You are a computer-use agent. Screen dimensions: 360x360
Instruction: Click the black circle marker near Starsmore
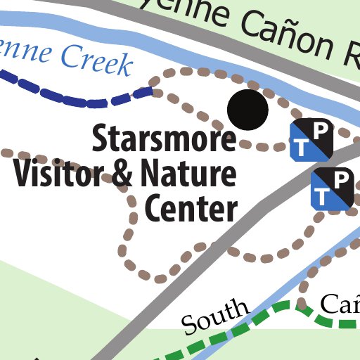pos(248,110)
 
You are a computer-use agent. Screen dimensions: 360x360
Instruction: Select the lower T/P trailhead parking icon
pos(331,188)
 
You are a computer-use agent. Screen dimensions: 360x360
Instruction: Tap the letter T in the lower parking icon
pos(322,198)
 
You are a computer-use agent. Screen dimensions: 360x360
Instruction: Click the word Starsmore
pos(164,139)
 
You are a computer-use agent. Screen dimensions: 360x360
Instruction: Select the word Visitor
pos(60,174)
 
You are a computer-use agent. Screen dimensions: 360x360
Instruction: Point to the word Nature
pos(187,174)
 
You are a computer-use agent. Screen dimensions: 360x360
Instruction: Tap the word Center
pos(190,208)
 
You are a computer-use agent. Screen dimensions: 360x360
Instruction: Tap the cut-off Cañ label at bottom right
pos(342,304)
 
